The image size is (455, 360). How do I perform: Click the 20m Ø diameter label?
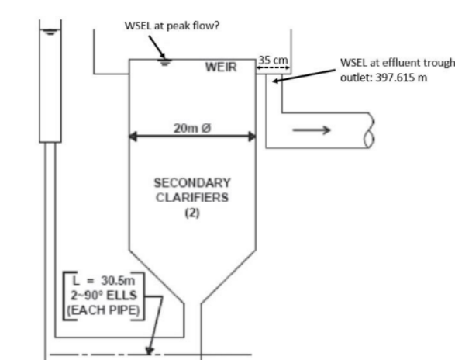tap(191, 127)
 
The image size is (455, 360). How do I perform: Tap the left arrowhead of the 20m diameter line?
tap(133, 137)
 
